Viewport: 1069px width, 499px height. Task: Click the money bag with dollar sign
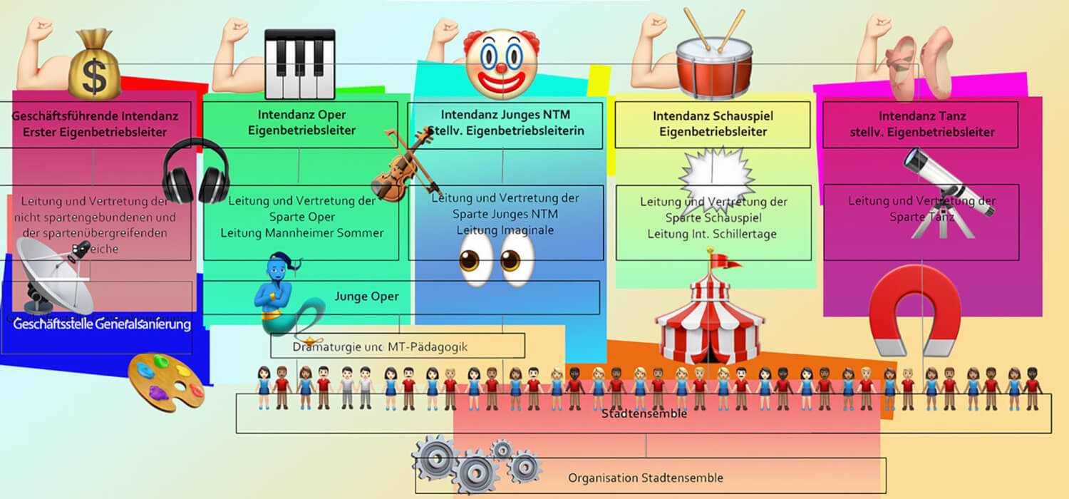[94, 66]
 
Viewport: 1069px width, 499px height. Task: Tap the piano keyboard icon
[299, 64]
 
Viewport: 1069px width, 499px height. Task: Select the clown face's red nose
[501, 68]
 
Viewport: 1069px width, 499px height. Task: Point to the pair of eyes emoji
[497, 259]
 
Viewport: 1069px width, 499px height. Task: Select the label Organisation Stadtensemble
[645, 478]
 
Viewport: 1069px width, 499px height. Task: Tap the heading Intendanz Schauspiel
[712, 115]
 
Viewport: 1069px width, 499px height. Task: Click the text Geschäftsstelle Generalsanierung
[102, 325]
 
